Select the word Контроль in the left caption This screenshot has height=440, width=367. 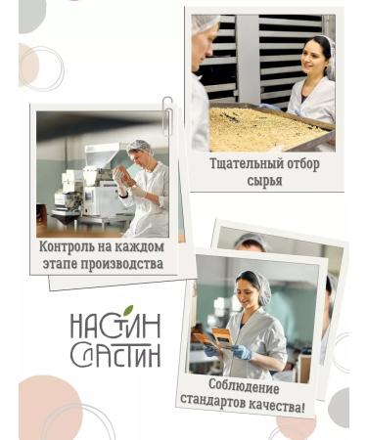(67, 246)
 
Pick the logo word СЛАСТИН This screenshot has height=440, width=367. (115, 354)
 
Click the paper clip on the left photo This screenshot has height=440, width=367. (167, 114)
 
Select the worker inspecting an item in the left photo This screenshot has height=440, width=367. (147, 191)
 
